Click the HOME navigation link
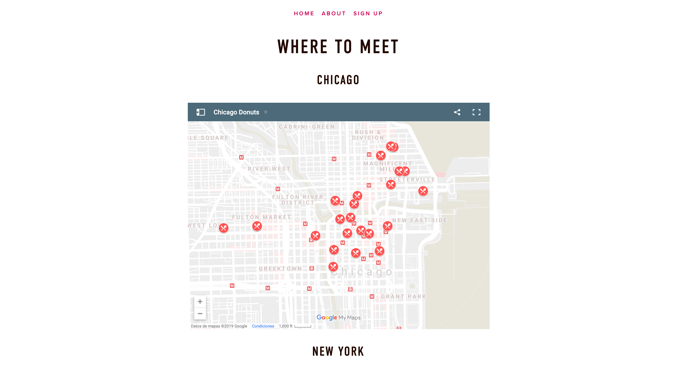(304, 13)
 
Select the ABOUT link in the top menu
(333, 13)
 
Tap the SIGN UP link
(368, 13)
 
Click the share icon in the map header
(457, 112)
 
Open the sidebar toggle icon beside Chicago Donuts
(200, 112)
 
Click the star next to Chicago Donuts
(266, 112)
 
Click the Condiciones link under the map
(263, 326)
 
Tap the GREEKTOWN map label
(280, 269)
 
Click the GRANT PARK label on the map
(403, 296)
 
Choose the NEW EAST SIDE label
(419, 220)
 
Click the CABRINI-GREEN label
(306, 127)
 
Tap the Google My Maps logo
(338, 317)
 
